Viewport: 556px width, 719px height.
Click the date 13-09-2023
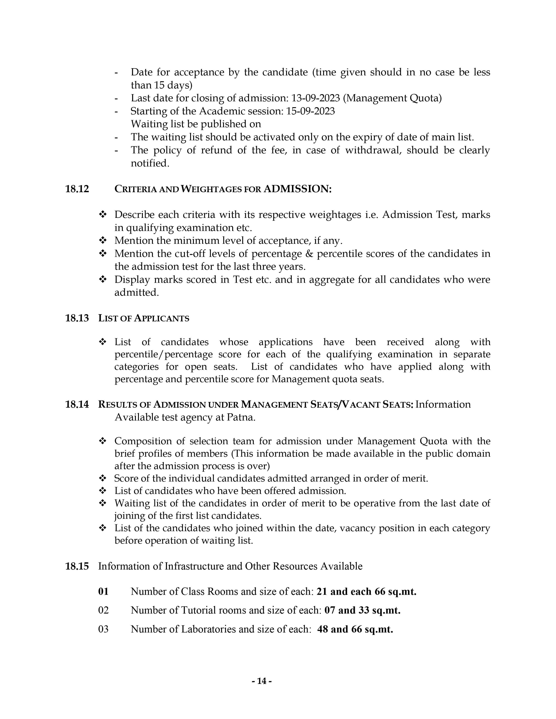point(315,98)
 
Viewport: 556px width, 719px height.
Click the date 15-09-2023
point(310,111)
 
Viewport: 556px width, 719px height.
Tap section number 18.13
point(77,318)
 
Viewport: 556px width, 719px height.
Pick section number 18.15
point(77,566)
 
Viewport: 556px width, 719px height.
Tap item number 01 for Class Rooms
point(103,592)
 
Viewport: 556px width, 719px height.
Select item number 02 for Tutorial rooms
point(103,610)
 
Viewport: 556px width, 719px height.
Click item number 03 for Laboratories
point(103,629)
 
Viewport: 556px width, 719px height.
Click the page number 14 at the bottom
point(261,681)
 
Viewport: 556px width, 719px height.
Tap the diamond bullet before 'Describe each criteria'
point(103,215)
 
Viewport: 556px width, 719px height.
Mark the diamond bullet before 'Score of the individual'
point(103,478)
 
